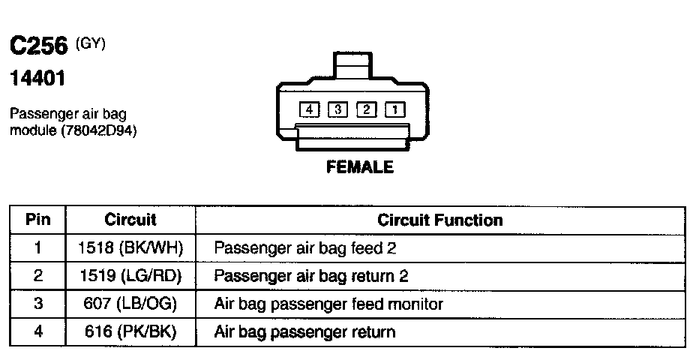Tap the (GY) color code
(91, 44)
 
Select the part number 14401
(36, 79)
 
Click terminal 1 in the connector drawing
(394, 110)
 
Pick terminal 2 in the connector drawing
(366, 110)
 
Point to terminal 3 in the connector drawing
(337, 110)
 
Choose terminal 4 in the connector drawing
(309, 110)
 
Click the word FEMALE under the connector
(359, 167)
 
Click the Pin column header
(37, 220)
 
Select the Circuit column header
(130, 220)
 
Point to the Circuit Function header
(439, 220)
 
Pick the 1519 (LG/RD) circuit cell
(130, 276)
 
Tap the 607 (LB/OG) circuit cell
(130, 304)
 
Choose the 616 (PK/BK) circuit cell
(130, 331)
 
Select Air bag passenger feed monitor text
(328, 304)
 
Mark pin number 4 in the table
(37, 331)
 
